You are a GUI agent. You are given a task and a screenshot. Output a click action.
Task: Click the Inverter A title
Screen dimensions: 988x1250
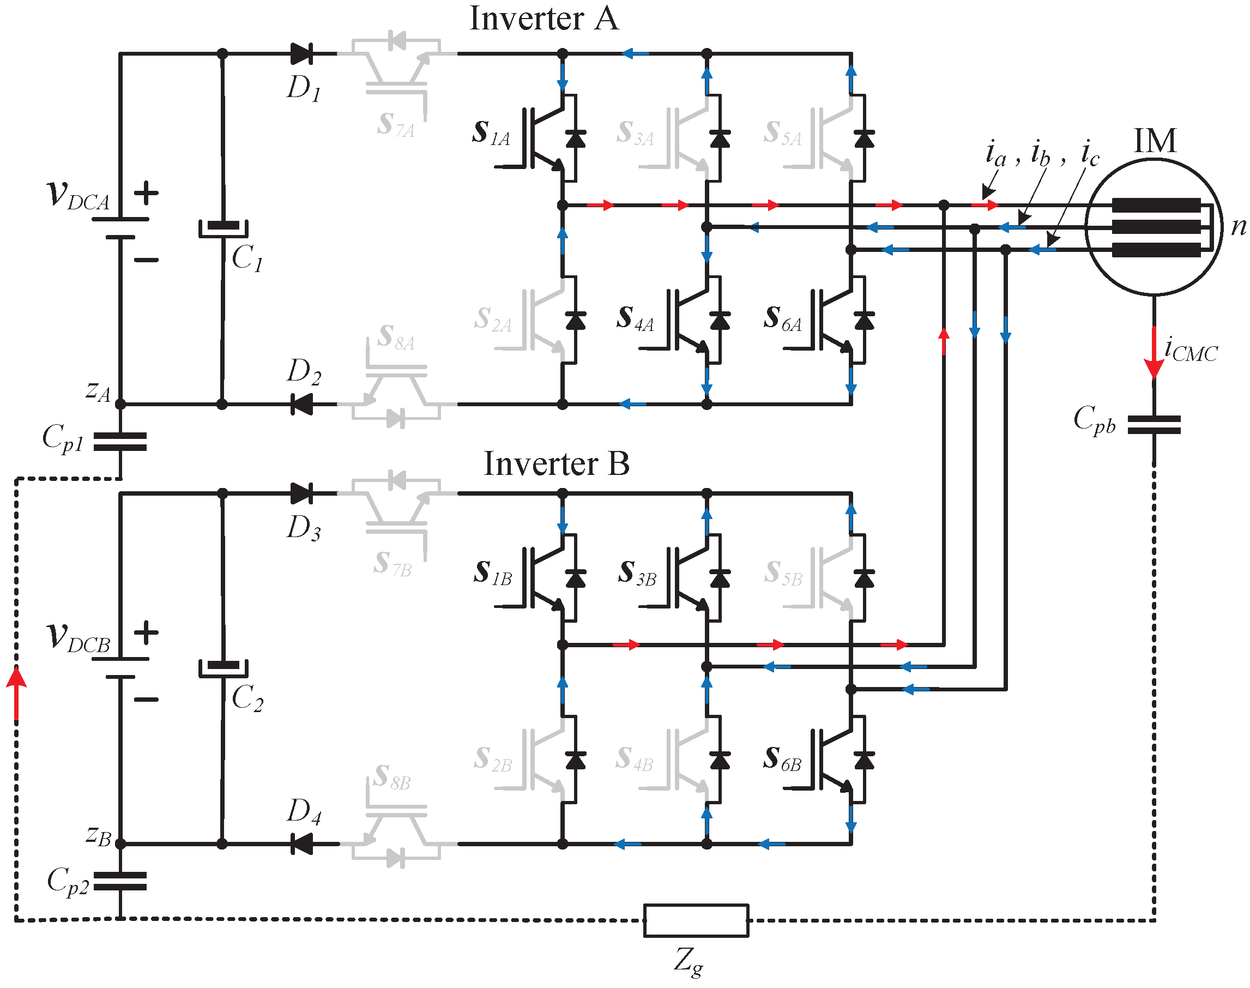[x=544, y=19]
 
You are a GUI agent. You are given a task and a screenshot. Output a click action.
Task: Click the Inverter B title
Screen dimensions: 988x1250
[x=556, y=464]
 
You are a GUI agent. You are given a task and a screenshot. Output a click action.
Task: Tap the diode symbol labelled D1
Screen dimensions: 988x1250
[x=302, y=54]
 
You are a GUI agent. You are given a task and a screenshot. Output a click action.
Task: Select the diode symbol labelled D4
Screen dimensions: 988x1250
[x=302, y=844]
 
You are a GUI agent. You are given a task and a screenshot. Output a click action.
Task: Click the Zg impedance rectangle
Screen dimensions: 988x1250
[x=696, y=920]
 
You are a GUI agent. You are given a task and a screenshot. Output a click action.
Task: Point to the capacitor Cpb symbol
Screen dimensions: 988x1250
[x=1154, y=425]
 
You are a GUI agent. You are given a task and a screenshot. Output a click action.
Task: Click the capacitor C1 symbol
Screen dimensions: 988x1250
[x=223, y=228]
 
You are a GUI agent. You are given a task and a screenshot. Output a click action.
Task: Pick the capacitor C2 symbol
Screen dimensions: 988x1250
[x=223, y=668]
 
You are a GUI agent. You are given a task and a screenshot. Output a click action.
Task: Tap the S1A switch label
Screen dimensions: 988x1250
[x=491, y=132]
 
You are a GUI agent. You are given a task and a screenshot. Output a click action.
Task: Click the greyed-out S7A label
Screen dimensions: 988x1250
[x=395, y=124]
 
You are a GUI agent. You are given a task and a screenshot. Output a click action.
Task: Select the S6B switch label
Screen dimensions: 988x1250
[x=782, y=758]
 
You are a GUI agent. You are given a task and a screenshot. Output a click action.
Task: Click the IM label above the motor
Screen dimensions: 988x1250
[x=1155, y=141]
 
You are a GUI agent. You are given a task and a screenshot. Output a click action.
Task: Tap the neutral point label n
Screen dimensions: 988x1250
[x=1239, y=226]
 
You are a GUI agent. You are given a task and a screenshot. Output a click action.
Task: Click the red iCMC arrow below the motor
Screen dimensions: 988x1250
[x=1154, y=353]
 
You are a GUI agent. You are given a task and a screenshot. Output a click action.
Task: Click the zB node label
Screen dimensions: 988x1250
[x=98, y=836]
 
